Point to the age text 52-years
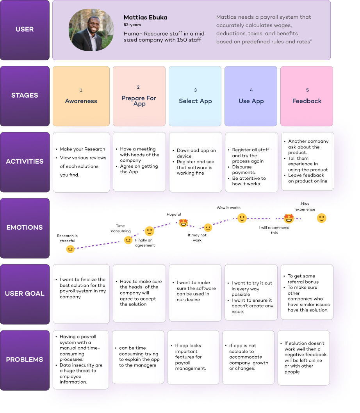(x=132, y=25)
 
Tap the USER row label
(x=25, y=29)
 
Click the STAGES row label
(x=25, y=95)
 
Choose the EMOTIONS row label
(x=25, y=227)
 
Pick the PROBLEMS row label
(x=25, y=359)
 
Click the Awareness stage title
(x=81, y=101)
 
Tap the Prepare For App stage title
(x=139, y=101)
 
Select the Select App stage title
(x=195, y=101)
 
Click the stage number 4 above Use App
(x=251, y=90)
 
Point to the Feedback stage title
(x=307, y=101)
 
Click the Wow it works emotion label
(x=229, y=208)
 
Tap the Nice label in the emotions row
(x=305, y=204)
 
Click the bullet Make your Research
(x=82, y=149)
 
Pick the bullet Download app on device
(x=196, y=153)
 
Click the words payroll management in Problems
(x=190, y=365)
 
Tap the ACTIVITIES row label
(x=25, y=161)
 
